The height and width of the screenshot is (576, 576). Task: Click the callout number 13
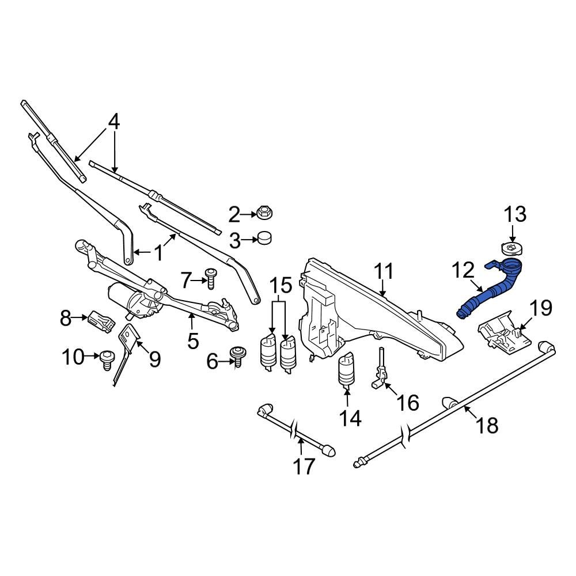tap(515, 215)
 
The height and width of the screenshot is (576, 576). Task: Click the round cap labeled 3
tap(265, 238)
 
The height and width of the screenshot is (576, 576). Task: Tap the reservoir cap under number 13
tap(510, 249)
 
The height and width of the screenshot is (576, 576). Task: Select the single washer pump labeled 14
tap(347, 370)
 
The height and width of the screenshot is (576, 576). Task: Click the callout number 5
tap(192, 340)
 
